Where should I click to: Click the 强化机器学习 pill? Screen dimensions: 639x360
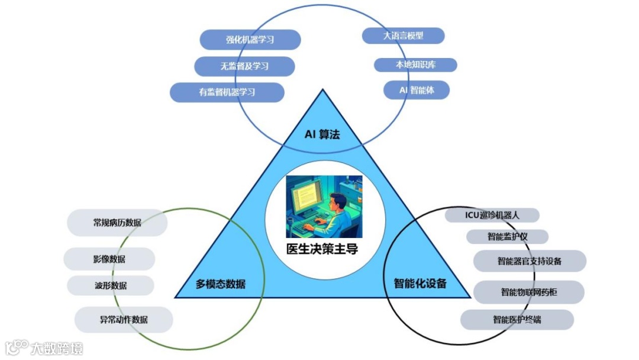pyautogui.click(x=250, y=40)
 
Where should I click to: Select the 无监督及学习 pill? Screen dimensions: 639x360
pyautogui.click(x=244, y=66)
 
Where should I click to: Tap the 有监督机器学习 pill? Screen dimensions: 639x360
pyautogui.click(x=227, y=92)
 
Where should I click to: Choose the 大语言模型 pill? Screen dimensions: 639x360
pyautogui.click(x=403, y=36)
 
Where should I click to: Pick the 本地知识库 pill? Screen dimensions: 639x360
pyautogui.click(x=415, y=65)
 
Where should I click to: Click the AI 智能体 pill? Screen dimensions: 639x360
pyautogui.click(x=416, y=90)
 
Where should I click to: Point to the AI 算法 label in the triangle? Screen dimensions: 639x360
pyautogui.click(x=322, y=134)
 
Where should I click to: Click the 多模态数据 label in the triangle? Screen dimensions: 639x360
pyautogui.click(x=221, y=284)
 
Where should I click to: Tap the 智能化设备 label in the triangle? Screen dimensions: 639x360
pyautogui.click(x=420, y=284)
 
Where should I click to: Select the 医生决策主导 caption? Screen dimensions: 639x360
pyautogui.click(x=322, y=249)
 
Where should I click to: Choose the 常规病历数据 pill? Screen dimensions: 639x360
pyautogui.click(x=117, y=223)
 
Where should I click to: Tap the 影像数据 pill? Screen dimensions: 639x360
pyautogui.click(x=109, y=259)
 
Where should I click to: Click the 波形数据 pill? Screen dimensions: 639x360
pyautogui.click(x=111, y=285)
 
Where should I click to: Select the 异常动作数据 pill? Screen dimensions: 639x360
pyautogui.click(x=124, y=320)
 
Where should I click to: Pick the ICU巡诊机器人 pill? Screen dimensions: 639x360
pyautogui.click(x=492, y=215)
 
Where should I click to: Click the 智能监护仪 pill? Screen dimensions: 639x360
pyautogui.click(x=507, y=237)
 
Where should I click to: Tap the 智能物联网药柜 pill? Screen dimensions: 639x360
pyautogui.click(x=529, y=292)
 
